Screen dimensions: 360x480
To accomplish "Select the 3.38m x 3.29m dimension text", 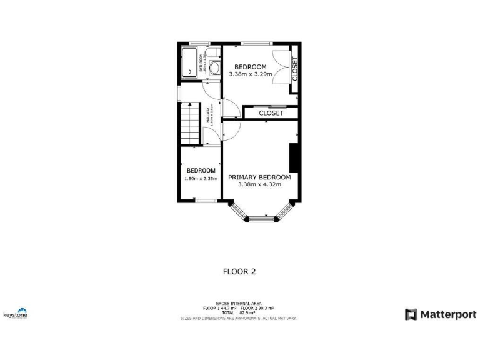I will pos(250,74).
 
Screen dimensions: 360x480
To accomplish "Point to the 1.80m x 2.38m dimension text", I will pos(201,179).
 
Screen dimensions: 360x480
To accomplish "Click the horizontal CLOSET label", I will pos(271,113).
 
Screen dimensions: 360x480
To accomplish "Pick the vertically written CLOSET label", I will pos(295,69).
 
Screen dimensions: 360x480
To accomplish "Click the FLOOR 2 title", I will pos(239,271).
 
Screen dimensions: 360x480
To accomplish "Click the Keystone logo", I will pos(16,313).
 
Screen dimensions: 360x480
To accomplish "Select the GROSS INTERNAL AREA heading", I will pos(239,304).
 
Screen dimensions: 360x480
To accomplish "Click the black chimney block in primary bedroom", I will pos(294,157).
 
